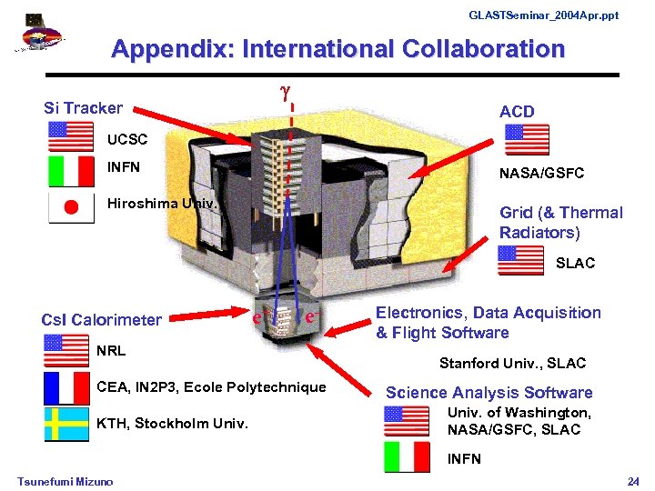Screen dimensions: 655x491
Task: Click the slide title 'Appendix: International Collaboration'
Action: coord(338,49)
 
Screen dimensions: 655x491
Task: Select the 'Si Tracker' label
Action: coord(83,108)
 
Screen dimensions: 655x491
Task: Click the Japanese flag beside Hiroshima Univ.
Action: coord(70,207)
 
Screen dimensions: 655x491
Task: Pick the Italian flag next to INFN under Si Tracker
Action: coord(70,170)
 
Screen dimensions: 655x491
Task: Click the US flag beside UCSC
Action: coord(70,136)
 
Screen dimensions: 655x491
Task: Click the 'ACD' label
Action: coord(517,112)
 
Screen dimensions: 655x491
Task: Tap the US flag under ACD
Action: coord(526,140)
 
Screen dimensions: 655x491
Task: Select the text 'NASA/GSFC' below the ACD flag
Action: coord(540,173)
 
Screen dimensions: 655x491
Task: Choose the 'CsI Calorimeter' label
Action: coord(101,319)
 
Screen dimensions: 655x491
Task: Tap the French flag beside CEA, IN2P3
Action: coord(67,388)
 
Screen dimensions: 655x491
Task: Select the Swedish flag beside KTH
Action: coord(67,424)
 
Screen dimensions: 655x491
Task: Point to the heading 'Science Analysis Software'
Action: coord(489,393)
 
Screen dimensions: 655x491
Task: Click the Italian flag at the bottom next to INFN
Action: coord(406,458)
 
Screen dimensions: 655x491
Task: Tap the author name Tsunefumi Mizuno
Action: coord(65,481)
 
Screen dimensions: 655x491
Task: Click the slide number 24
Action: coord(634,480)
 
